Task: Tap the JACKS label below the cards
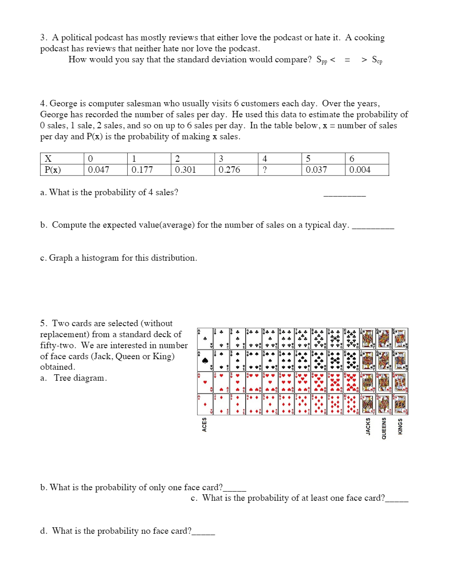(368, 427)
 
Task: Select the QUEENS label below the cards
(384, 428)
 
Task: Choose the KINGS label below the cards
(400, 427)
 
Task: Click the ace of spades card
(205, 361)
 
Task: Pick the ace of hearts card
(205, 382)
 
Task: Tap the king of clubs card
(400, 339)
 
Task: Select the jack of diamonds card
(367, 404)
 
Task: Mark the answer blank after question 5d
(203, 532)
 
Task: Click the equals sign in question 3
(347, 60)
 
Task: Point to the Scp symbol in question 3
(377, 60)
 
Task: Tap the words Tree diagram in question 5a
(80, 378)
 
